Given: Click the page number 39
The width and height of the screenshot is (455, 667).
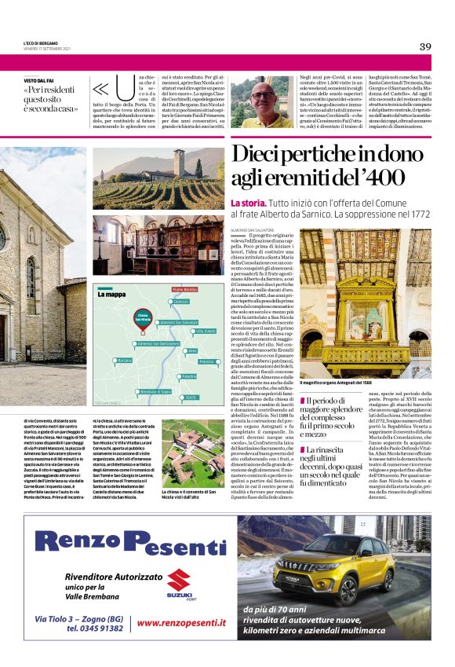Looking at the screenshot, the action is click(425, 46).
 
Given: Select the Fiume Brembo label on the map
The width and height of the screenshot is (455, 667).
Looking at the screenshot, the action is click(185, 289).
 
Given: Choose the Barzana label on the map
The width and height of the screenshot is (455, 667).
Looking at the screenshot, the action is click(124, 360).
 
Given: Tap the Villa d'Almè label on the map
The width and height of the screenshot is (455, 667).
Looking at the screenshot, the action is click(205, 332).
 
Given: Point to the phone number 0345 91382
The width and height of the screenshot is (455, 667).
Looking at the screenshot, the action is click(93, 629).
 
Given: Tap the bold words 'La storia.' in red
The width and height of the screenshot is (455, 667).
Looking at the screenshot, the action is click(249, 203).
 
